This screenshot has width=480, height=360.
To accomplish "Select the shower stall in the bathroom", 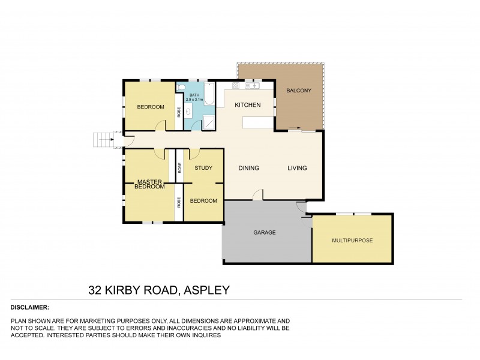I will click(x=209, y=122).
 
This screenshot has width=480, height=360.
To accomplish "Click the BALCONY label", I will click(x=298, y=91).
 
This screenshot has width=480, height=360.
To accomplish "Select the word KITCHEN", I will click(x=247, y=106).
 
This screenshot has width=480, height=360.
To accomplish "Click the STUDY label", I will click(x=203, y=168).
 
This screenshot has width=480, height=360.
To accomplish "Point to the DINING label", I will click(x=248, y=168).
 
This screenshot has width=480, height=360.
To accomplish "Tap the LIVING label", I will click(x=296, y=168).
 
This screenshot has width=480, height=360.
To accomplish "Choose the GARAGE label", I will click(x=265, y=232).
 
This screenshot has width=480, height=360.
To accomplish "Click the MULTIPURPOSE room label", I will click(x=352, y=240).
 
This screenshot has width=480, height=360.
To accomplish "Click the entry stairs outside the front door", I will click(x=103, y=141).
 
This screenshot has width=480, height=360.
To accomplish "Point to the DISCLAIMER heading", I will click(x=30, y=307).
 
